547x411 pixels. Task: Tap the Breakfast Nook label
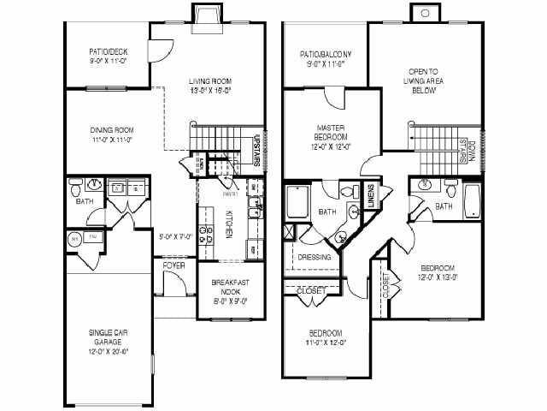coord(229,288)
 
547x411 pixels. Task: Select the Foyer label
coord(174,265)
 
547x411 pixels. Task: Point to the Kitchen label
coord(229,223)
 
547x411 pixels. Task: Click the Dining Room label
coord(112,130)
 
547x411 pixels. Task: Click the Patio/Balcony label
coord(326,53)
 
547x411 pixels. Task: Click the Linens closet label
coord(371,196)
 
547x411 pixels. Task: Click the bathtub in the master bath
coord(298,203)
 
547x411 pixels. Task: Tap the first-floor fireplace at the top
coord(205,16)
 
